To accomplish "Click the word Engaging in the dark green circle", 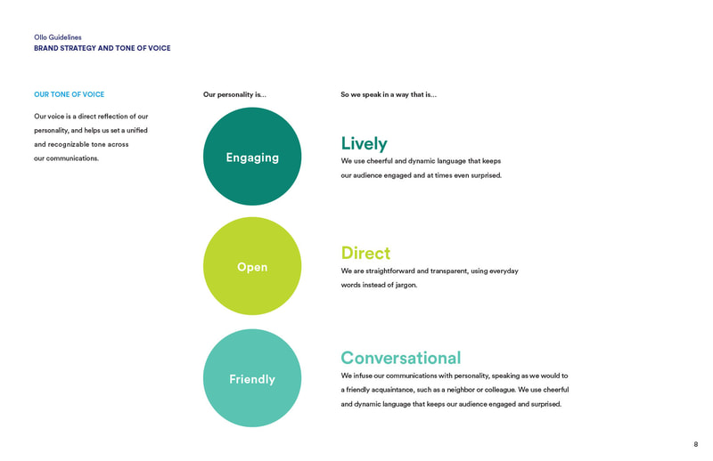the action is tap(252, 158).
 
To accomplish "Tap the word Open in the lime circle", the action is tap(252, 267).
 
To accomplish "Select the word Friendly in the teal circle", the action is tap(252, 379).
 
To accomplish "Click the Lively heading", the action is tap(365, 143).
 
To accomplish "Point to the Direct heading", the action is tap(365, 253).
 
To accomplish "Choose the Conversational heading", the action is tap(401, 358).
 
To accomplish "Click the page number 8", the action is tap(696, 444).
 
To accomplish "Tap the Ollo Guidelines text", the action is tap(58, 37).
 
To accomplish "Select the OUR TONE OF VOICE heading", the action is tap(70, 94).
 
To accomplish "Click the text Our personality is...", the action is tap(234, 94).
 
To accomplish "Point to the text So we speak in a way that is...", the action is tap(389, 94).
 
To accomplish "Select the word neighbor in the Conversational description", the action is tap(461, 390).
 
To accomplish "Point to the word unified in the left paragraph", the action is tap(137, 130).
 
